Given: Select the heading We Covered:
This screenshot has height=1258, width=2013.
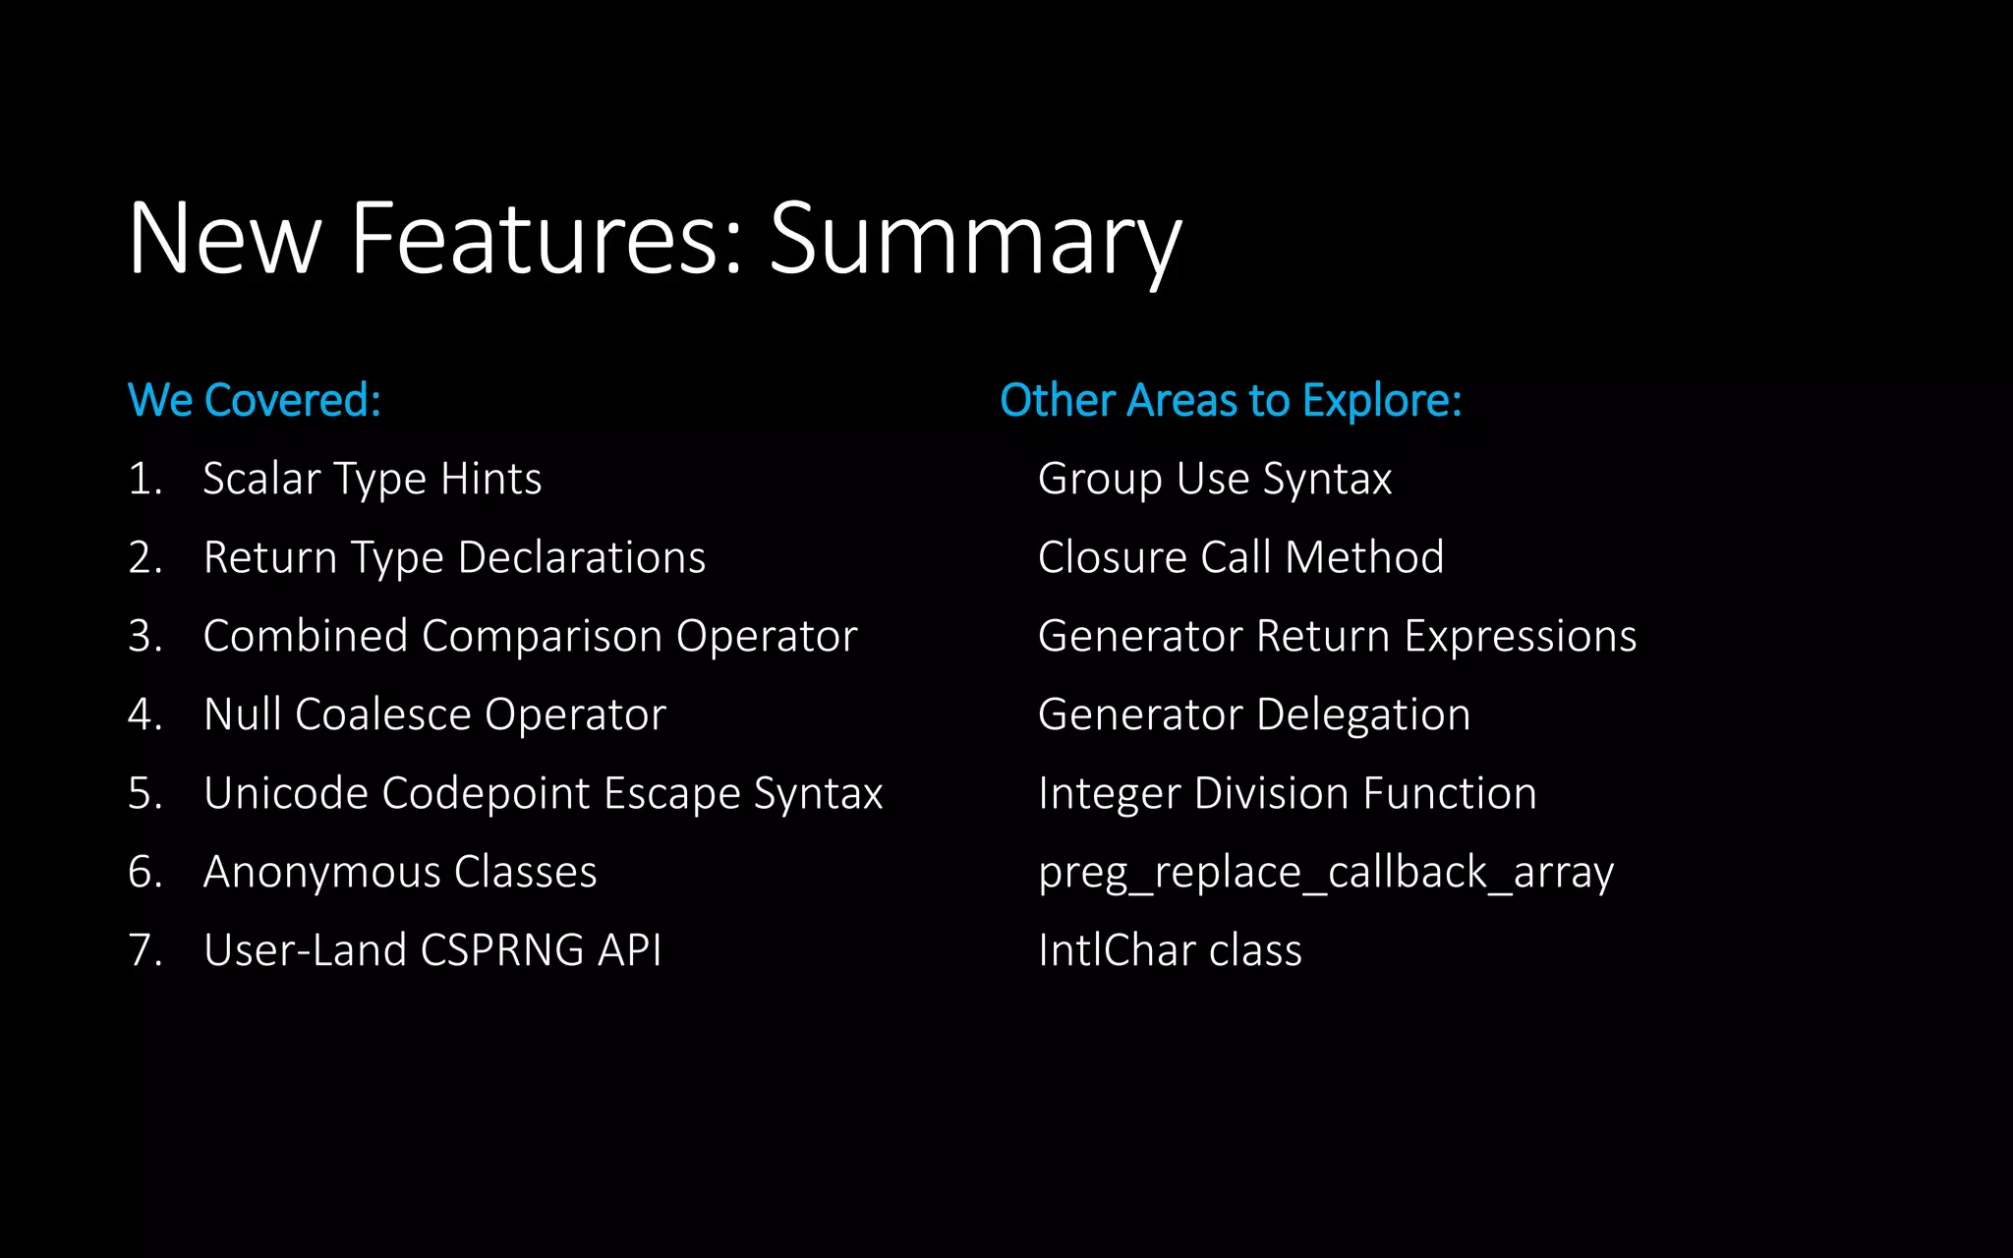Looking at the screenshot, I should pyautogui.click(x=255, y=400).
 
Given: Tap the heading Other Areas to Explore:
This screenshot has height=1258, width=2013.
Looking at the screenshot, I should pyautogui.click(x=1231, y=400).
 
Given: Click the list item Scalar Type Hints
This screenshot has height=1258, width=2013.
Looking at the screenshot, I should pyautogui.click(x=372, y=480).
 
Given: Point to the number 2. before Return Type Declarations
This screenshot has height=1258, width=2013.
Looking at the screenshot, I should pyautogui.click(x=144, y=558).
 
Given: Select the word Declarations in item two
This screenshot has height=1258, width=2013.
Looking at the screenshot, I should pyautogui.click(x=582, y=558).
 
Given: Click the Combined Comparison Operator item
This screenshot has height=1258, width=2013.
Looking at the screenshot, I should pyautogui.click(x=530, y=637).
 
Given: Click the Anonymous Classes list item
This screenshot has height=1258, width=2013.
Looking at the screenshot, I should pyautogui.click(x=399, y=872).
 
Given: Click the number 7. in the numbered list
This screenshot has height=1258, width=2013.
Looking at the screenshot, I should pyautogui.click(x=144, y=950).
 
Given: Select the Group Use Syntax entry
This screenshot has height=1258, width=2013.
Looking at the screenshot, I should pyautogui.click(x=1215, y=480).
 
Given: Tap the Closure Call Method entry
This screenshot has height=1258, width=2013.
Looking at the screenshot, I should pyautogui.click(x=1240, y=558).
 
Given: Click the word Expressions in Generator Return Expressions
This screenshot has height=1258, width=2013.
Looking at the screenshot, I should pyautogui.click(x=1520, y=637).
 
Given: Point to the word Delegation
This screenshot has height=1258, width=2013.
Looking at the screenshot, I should pyautogui.click(x=1362, y=715).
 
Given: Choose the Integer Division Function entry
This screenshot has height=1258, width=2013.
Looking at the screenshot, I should pyautogui.click(x=1287, y=793).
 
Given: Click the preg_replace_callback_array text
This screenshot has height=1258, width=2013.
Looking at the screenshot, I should pyautogui.click(x=1325, y=873).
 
